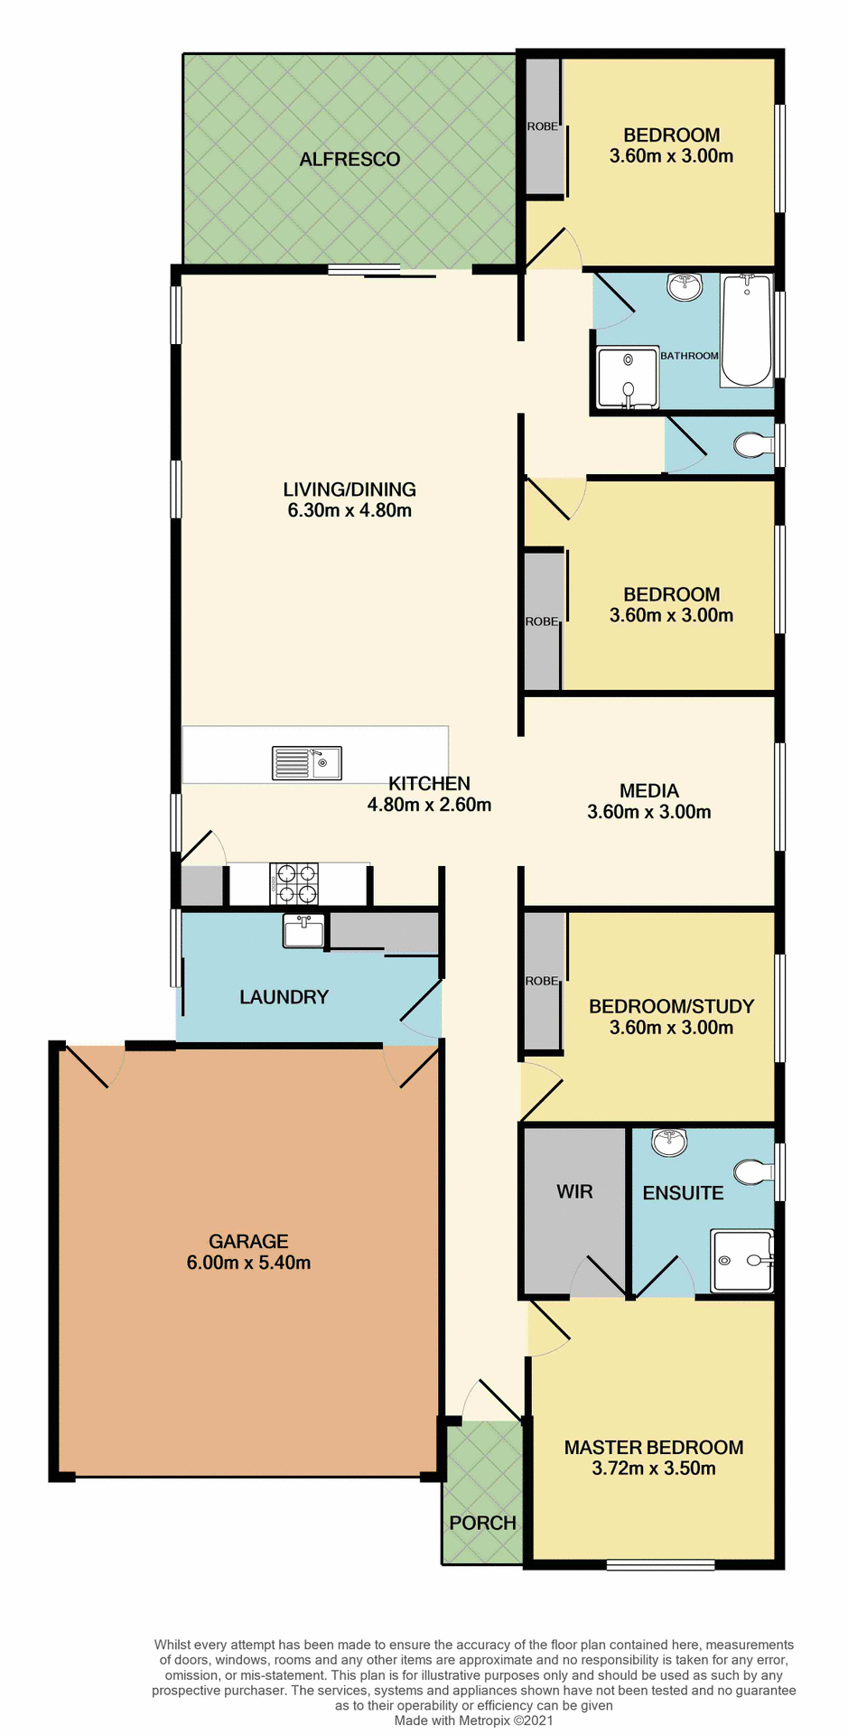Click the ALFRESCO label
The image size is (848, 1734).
(x=349, y=160)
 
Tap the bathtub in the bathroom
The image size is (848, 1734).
(x=746, y=331)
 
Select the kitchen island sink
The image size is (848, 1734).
(x=307, y=763)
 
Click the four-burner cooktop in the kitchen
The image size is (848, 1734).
(x=294, y=884)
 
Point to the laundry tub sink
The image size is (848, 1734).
(x=303, y=931)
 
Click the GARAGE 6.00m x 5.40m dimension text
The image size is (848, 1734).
(x=248, y=1263)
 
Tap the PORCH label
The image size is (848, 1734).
(x=482, y=1523)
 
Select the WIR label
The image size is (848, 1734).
(x=574, y=1191)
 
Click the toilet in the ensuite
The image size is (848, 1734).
(x=753, y=1172)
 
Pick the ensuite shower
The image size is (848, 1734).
(x=741, y=1261)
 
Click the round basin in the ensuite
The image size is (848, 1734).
(x=669, y=1142)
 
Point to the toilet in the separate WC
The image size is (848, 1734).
(x=751, y=444)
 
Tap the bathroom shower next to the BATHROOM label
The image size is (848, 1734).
(x=628, y=377)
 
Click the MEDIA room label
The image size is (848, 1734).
(x=649, y=791)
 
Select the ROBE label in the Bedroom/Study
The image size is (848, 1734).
(x=542, y=981)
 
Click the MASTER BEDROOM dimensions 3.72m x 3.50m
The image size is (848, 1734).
(x=654, y=1468)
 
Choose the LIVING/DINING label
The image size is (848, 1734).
(x=349, y=489)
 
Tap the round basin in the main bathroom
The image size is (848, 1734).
(x=685, y=287)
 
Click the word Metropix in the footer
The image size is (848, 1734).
(x=485, y=1720)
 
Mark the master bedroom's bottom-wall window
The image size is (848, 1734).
(x=660, y=1565)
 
